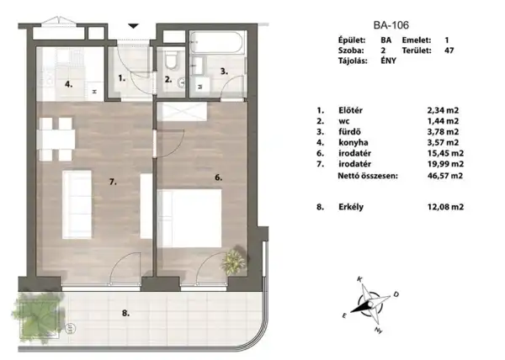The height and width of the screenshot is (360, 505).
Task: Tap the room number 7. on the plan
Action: (x=114, y=181)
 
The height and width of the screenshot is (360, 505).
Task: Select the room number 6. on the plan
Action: (x=217, y=177)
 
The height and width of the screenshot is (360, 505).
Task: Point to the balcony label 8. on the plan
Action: (x=125, y=313)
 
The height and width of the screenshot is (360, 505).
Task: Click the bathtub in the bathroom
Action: (x=217, y=41)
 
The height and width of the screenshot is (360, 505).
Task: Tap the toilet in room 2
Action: (x=172, y=61)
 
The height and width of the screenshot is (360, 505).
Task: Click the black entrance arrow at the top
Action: (x=133, y=26)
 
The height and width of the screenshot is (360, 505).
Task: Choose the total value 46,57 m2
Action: (x=446, y=177)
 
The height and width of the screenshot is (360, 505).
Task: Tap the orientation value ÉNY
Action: (x=389, y=62)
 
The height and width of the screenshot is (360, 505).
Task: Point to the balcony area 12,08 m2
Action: (x=446, y=205)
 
